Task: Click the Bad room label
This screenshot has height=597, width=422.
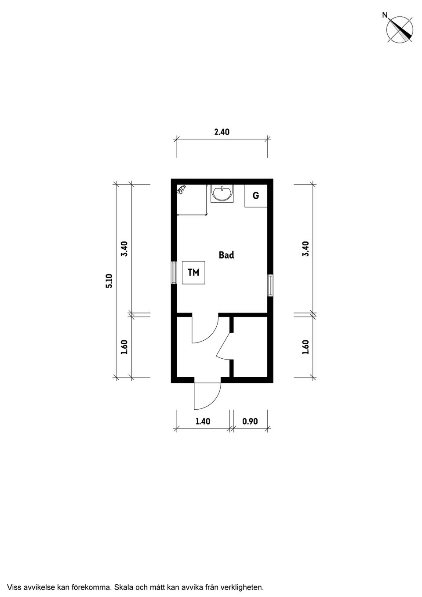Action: [226, 255]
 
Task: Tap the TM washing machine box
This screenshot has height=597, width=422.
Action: [193, 273]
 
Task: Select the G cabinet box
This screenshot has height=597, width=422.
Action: [256, 196]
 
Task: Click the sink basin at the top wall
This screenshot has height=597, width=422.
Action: [222, 193]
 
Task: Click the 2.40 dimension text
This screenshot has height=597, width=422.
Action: [222, 132]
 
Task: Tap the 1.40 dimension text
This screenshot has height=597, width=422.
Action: [203, 421]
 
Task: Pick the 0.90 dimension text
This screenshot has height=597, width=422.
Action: [250, 421]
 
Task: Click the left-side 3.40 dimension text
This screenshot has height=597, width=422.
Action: [124, 248]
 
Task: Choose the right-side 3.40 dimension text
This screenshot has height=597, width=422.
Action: [306, 248]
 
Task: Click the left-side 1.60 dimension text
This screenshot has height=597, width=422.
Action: [124, 347]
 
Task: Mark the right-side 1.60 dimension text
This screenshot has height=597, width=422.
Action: [306, 347]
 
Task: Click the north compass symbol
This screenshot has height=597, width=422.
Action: [400, 29]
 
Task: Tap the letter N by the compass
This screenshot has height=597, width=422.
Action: [385, 16]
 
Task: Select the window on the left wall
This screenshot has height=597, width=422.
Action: [174, 273]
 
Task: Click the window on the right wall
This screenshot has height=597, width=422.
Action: [270, 285]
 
